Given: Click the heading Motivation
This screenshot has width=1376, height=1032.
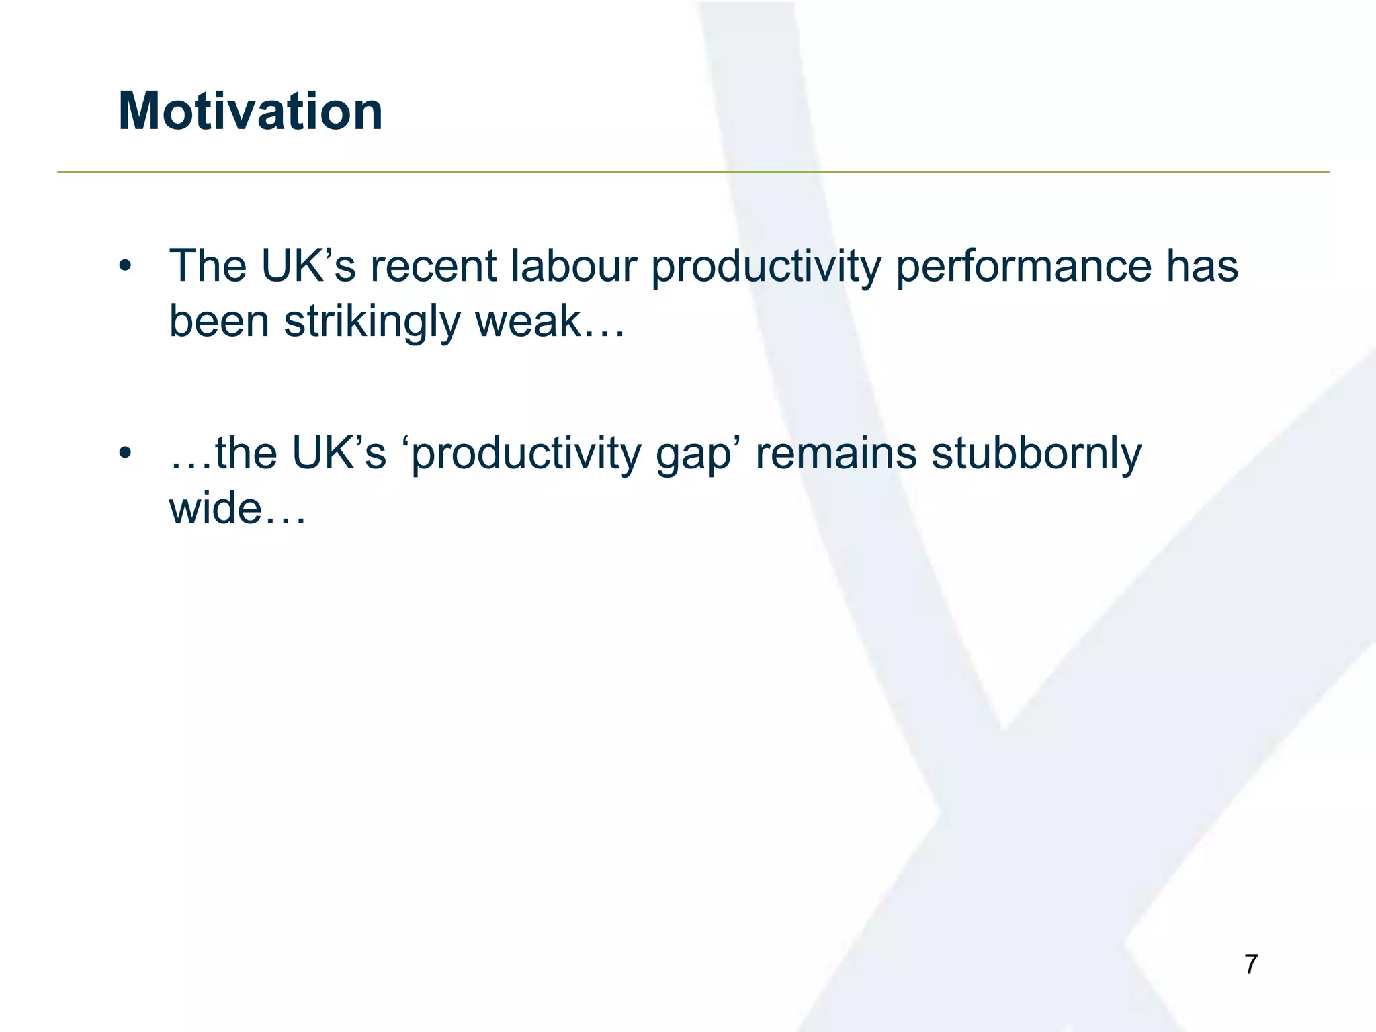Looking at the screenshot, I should pyautogui.click(x=250, y=111).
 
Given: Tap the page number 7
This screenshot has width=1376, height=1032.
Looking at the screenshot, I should pyautogui.click(x=1250, y=964).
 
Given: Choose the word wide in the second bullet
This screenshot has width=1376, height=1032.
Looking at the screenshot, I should pyautogui.click(x=214, y=508).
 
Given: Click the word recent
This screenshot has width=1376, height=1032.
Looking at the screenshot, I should pyautogui.click(x=433, y=266).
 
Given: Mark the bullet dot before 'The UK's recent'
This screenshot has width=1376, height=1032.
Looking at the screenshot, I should pyautogui.click(x=124, y=267).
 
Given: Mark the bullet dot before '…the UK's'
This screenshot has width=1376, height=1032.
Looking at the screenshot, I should pyautogui.click(x=124, y=454).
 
